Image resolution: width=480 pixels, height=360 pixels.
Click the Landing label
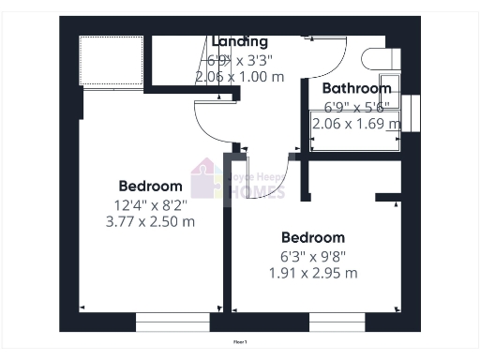point(240,42)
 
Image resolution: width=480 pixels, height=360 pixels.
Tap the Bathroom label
point(355,88)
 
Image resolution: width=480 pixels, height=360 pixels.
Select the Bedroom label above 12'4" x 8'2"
point(150,186)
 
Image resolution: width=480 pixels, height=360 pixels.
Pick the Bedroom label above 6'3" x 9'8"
point(312,237)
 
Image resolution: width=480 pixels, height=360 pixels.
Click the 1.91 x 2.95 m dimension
point(312,273)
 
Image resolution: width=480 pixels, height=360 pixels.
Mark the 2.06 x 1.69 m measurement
point(355,123)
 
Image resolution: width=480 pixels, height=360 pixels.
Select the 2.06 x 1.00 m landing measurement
point(240,77)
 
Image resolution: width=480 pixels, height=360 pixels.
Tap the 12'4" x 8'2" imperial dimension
point(150,204)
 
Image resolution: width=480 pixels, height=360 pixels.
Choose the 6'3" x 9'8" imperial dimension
point(312,255)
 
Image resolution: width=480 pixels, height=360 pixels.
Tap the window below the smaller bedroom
point(337,322)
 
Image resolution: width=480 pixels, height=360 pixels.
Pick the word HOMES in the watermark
point(256,193)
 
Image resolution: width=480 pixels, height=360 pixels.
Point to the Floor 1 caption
point(240,343)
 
